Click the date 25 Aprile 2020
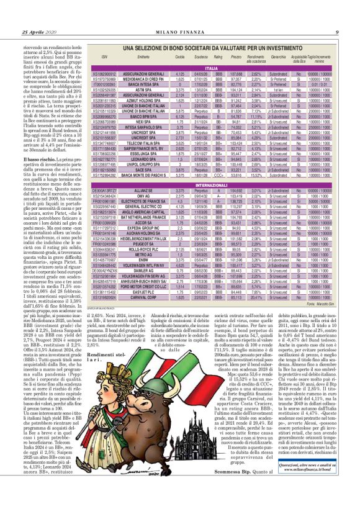38,32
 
